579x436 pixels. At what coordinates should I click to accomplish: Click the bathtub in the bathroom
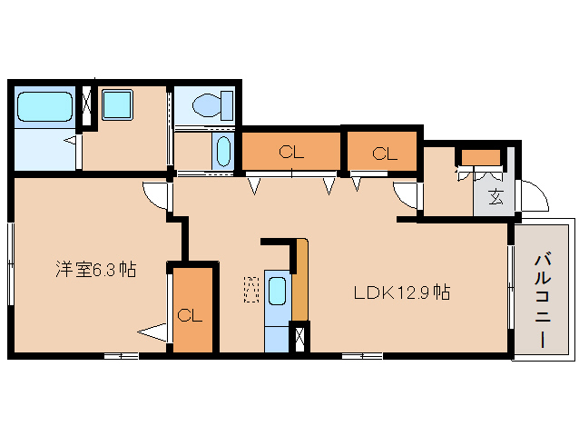click(44, 106)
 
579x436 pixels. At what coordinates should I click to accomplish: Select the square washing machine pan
click(117, 105)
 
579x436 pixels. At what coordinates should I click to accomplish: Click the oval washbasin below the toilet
click(222, 152)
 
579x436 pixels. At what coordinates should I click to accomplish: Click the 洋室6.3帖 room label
click(95, 270)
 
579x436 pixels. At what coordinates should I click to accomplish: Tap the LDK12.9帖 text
click(402, 292)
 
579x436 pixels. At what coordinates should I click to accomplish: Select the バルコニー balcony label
click(543, 300)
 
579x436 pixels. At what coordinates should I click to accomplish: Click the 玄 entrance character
click(496, 197)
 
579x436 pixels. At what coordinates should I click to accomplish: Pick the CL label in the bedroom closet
click(190, 316)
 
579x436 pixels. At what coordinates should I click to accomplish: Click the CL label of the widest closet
click(291, 153)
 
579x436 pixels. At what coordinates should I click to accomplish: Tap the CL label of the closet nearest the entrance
click(385, 154)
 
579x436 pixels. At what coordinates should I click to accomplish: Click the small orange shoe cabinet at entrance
click(481, 158)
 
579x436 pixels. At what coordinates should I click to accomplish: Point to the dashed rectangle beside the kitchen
click(251, 290)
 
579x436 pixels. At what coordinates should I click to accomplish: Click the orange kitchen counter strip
click(300, 280)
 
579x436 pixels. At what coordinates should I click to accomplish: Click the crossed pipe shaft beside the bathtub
click(87, 106)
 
